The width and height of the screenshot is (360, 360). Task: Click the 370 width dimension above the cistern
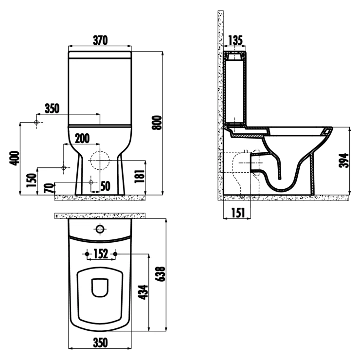[100, 40]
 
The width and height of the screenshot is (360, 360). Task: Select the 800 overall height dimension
[158, 123]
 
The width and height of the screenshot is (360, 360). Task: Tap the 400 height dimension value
[14, 158]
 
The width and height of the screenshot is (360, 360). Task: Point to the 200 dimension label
[82, 138]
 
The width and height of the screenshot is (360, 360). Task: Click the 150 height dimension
[32, 180]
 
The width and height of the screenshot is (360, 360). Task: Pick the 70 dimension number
[49, 188]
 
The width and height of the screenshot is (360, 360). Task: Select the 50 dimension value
[106, 186]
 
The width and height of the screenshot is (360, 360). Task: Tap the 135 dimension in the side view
[235, 40]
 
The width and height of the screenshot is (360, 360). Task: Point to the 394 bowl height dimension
[343, 161]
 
